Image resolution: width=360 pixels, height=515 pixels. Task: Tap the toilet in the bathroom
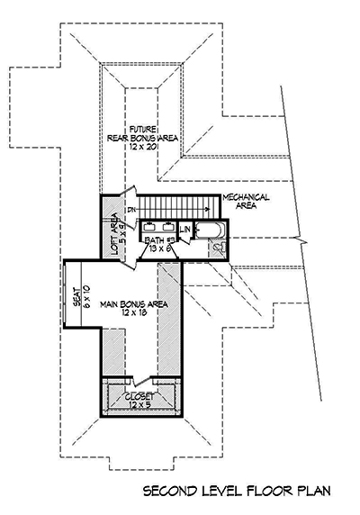coord(220,250)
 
